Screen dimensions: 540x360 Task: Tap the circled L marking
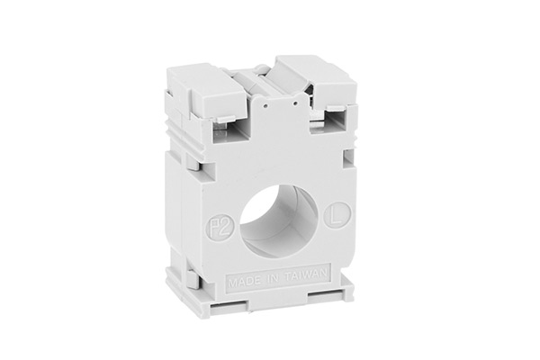(337, 216)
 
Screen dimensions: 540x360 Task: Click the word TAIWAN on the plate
(306, 275)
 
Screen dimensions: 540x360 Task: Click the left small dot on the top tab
(265, 106)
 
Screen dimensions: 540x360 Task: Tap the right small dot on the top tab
(295, 103)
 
